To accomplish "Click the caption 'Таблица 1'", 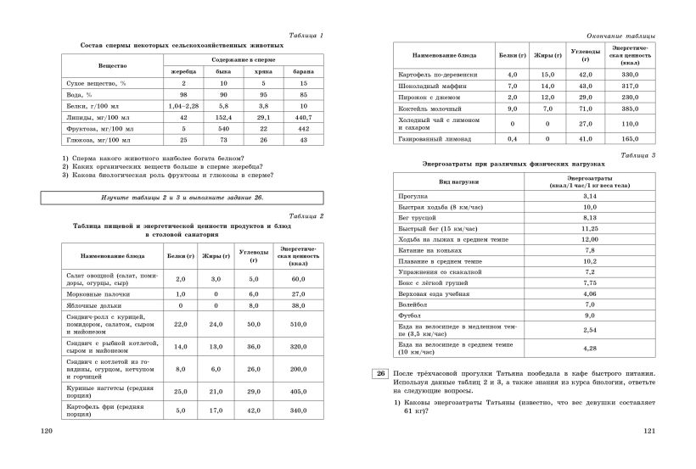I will point(306,35).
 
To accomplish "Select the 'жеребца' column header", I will point(183,72).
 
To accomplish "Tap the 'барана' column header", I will point(303,72).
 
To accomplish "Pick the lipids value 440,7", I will point(303,116).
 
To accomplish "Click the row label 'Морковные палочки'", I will point(93,293).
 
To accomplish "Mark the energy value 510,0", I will point(298,323).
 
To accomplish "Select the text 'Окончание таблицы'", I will point(620,35).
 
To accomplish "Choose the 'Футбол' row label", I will point(409,315).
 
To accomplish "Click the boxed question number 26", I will point(380,373).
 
